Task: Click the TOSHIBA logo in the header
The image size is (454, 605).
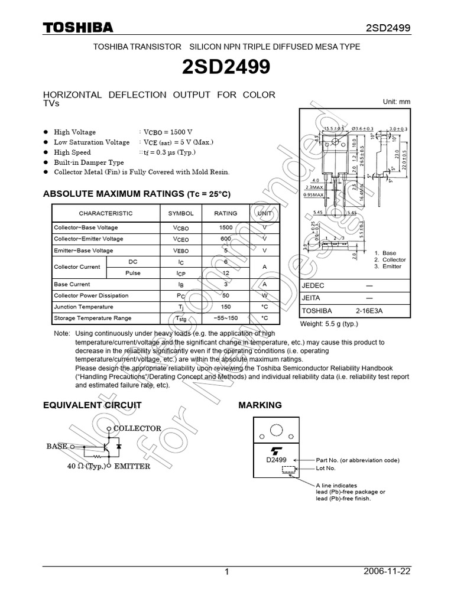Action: tap(77, 27)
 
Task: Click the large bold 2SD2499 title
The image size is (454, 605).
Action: tap(227, 67)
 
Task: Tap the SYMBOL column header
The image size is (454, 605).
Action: tap(181, 213)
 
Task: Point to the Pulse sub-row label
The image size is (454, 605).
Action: tap(133, 273)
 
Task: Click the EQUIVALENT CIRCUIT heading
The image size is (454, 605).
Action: tap(93, 405)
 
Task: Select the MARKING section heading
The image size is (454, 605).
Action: tap(260, 405)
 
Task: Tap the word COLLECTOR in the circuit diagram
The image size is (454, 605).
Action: tap(137, 428)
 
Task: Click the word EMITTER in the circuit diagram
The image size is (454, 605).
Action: tap(132, 466)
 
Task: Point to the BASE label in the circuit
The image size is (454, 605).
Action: tap(57, 446)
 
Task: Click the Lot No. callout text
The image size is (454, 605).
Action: tap(326, 468)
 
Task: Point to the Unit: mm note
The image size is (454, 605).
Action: tap(397, 102)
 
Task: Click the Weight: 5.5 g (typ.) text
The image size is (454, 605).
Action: tap(330, 324)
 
